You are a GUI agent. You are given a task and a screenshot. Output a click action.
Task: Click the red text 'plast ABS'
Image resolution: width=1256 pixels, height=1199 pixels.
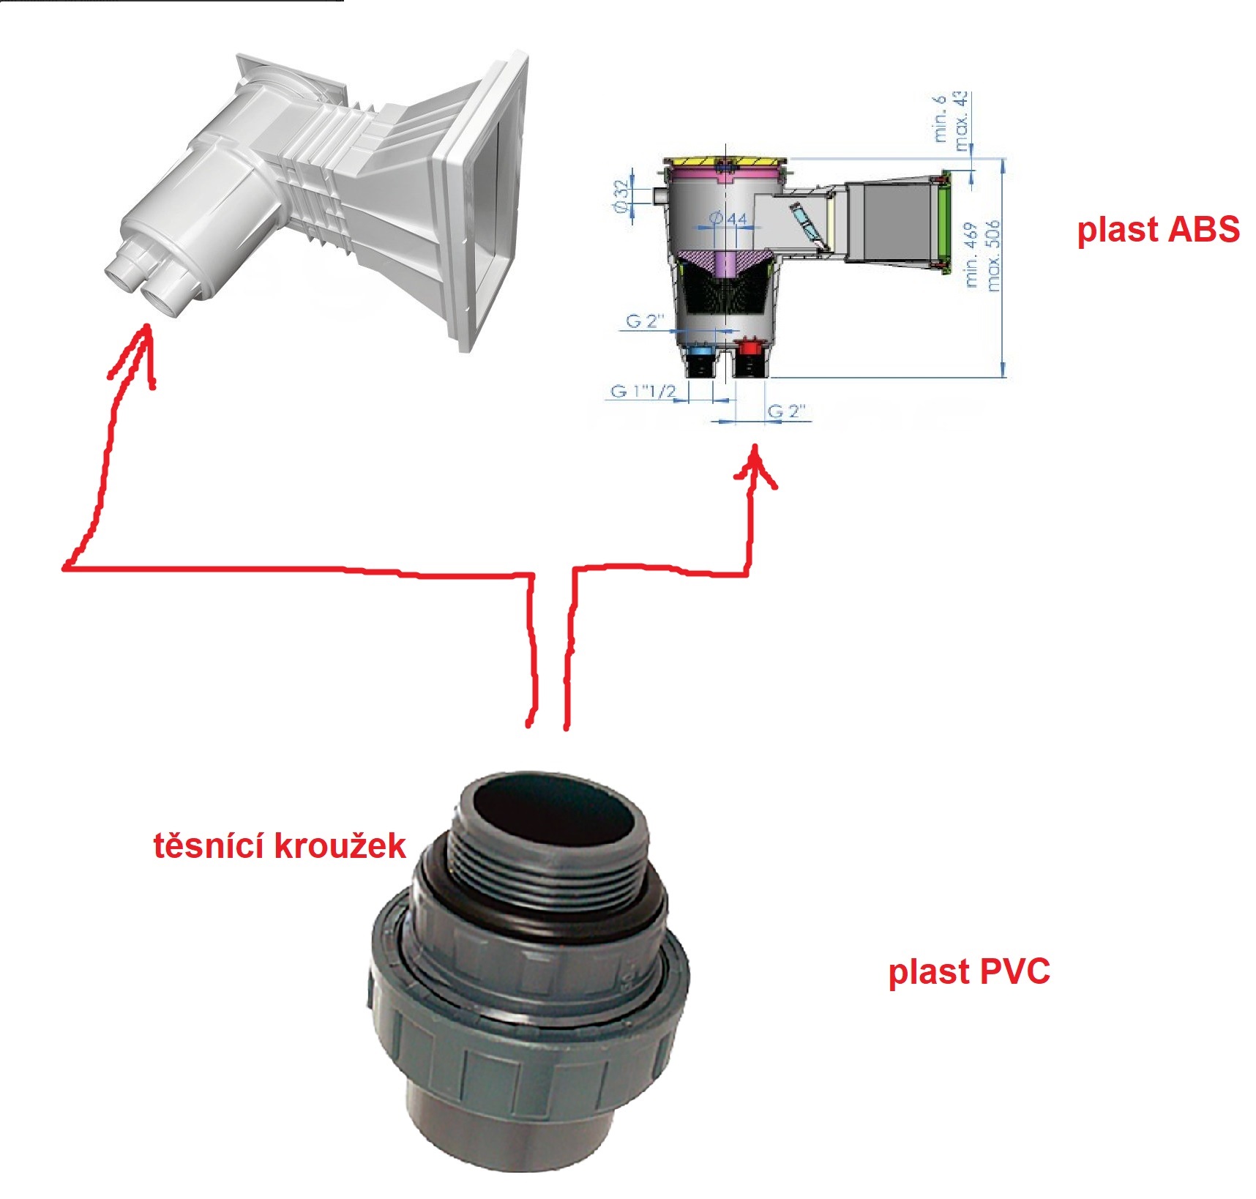[x=1158, y=230]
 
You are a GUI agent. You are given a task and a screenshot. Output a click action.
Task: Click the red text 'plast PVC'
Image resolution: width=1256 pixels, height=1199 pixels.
[x=969, y=972]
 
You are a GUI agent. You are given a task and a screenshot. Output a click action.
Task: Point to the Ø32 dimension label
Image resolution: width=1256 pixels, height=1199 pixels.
[x=621, y=196]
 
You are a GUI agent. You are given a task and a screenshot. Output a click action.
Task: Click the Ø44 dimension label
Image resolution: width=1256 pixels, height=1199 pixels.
[x=728, y=218]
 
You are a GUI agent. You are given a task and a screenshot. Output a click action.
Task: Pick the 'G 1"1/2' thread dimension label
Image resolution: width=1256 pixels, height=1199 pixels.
[x=643, y=391]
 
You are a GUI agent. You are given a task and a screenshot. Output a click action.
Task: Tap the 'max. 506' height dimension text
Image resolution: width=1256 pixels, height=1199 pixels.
[x=993, y=255]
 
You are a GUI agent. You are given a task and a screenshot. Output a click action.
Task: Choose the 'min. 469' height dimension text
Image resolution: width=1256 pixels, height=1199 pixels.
[x=971, y=255]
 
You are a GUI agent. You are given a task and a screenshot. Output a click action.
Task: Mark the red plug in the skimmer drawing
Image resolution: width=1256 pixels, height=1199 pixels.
[x=748, y=346]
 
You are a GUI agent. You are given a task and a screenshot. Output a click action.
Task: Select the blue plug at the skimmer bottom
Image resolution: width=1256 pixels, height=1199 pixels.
[x=700, y=352]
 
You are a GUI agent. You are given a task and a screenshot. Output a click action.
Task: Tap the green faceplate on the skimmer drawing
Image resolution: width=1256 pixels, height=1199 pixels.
[x=945, y=220]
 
